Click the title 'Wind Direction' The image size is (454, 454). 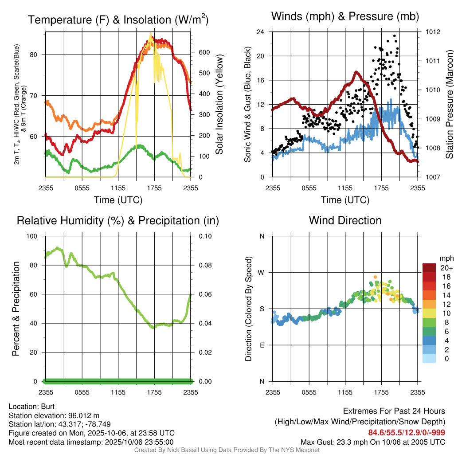[345, 220]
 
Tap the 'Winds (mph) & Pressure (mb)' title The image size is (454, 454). [345, 17]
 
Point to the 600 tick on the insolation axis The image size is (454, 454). [204, 52]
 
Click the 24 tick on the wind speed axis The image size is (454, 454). [260, 32]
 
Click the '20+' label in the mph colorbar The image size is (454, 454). [446, 268]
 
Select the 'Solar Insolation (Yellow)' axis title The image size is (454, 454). [219, 105]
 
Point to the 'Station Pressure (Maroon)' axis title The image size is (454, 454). [449, 105]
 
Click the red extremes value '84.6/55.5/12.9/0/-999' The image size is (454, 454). [407, 432]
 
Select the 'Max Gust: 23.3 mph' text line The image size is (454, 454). [373, 442]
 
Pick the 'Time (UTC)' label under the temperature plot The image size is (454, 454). [118, 200]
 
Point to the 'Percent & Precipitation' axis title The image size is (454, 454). [16, 309]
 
